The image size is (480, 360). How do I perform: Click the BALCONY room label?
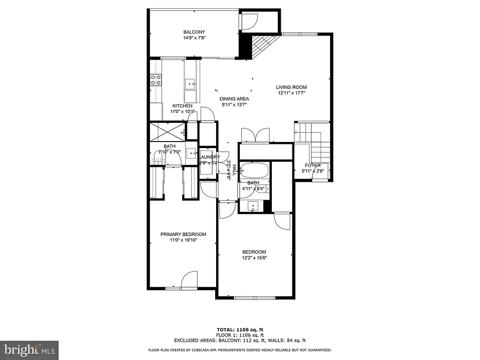(x=194, y=32)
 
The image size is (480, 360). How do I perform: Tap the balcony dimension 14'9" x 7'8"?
(x=194, y=38)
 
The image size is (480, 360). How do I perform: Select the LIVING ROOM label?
(x=291, y=87)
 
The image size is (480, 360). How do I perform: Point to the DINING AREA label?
(x=234, y=99)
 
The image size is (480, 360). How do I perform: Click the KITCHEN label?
(x=182, y=106)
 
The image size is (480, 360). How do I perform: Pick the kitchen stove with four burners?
(x=156, y=80)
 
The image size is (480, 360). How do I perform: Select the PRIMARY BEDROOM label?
(x=183, y=234)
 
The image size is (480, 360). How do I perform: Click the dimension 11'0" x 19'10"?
(x=183, y=240)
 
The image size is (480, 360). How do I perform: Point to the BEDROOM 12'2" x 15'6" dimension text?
(x=255, y=258)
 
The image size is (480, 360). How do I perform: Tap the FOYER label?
(x=313, y=165)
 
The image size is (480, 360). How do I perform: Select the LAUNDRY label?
(x=209, y=157)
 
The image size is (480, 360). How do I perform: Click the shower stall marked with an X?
(x=167, y=130)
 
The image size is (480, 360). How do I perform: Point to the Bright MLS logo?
(x=29, y=350)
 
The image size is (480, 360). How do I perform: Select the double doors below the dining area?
(x=255, y=135)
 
